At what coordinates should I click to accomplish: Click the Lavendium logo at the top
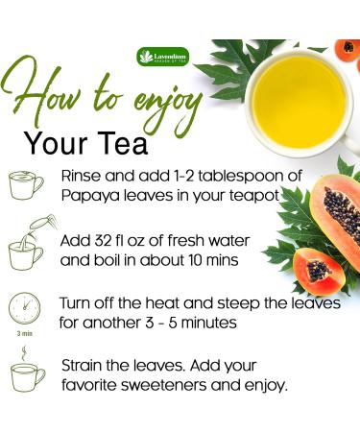[163, 57]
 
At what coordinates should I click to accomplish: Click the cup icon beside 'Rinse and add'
[27, 185]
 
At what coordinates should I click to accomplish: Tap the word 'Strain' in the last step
[83, 366]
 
